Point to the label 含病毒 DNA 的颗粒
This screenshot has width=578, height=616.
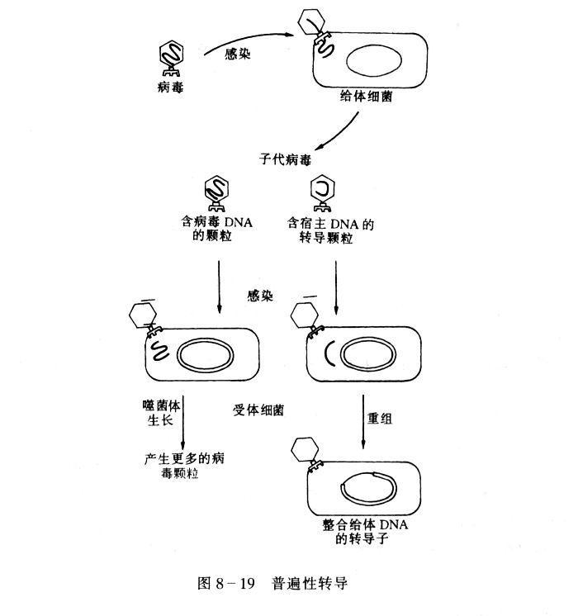click(218, 230)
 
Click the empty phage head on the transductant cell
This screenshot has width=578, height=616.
click(308, 453)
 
